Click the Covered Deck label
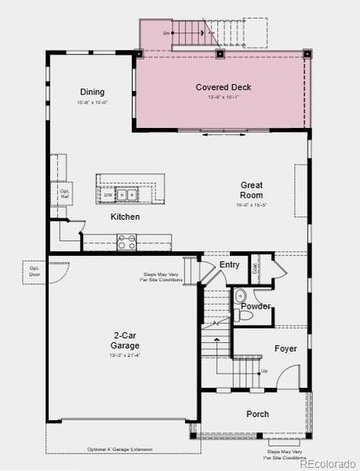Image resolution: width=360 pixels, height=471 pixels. coord(223,87)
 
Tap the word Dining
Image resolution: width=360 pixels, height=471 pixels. coord(93,92)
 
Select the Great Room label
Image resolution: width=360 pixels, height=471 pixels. coord(251,190)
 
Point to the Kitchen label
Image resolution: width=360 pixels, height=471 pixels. coord(125,217)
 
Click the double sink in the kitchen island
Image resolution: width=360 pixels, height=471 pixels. coord(125,195)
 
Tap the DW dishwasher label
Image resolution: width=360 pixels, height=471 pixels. coord(107,195)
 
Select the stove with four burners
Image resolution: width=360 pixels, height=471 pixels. coord(125,244)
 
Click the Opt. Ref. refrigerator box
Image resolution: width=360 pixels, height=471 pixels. coord(65,192)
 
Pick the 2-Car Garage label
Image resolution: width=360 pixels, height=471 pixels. coord(125,341)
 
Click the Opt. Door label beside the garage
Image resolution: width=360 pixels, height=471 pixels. coord(35,272)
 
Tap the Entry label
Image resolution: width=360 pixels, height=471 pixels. coord(229,265)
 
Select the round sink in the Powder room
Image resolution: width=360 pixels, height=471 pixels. coord(241,296)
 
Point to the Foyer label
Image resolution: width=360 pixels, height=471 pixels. coord(285,348)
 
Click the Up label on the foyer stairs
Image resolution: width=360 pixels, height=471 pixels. coord(264,371)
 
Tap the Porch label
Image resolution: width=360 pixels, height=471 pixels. coord(257,414)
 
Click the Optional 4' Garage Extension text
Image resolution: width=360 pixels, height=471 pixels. coord(120,450)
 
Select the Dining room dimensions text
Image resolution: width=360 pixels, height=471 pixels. coord(93,103)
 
